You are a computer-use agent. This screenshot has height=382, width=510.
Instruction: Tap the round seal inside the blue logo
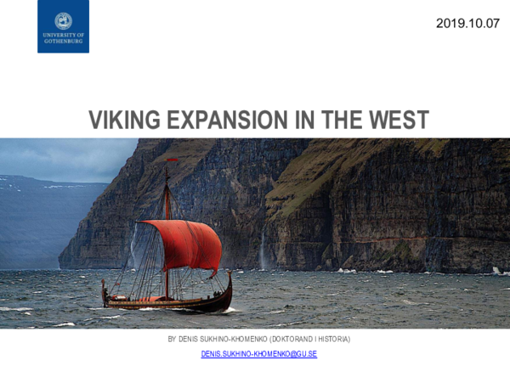point(63,21)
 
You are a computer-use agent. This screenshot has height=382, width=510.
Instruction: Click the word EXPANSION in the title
point(224,121)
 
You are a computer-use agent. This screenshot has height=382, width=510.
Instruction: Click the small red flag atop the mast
point(171,160)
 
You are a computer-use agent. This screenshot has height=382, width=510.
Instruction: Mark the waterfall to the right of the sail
point(262,251)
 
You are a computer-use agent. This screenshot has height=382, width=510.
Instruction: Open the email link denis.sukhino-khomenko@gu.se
point(258,353)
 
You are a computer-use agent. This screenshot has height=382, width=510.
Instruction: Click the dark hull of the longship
point(170,302)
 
